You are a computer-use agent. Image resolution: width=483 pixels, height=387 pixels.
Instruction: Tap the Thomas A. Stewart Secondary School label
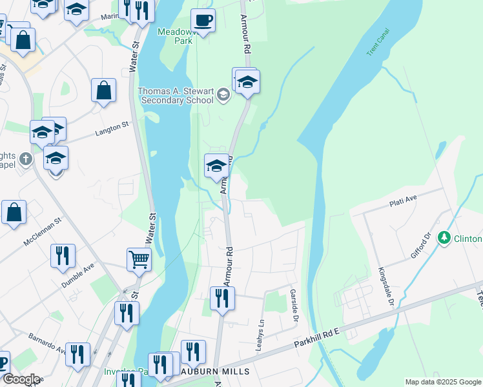pos(176,95)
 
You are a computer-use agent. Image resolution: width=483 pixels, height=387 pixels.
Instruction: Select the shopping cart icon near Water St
pos(139,259)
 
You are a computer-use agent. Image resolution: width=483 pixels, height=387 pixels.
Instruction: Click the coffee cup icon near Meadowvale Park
pos(203,21)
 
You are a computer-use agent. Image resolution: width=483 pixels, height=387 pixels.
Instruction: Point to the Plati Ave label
pos(404,203)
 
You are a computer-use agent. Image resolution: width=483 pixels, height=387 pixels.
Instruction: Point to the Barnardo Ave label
pos(46,344)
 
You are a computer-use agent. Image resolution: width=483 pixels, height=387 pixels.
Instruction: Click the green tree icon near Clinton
pos(444,239)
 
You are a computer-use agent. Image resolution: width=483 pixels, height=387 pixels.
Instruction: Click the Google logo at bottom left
pos(21,379)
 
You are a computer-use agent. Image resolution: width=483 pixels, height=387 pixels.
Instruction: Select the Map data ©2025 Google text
pos(442,382)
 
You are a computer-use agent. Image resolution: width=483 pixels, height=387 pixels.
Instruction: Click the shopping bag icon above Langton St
pos(103,91)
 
